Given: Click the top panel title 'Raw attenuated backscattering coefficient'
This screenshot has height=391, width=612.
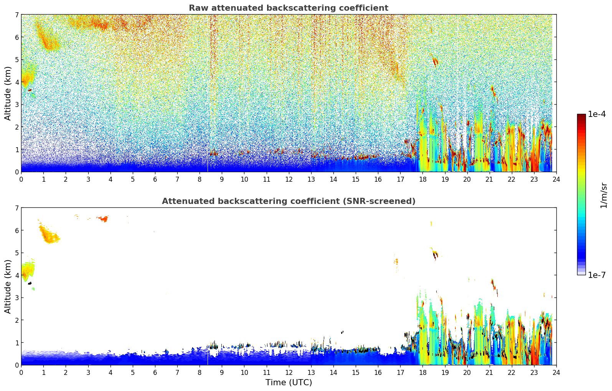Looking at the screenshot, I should point(288,8).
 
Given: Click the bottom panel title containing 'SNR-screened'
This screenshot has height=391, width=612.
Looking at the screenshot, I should point(288,201).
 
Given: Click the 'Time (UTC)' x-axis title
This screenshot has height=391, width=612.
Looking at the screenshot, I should point(289,382).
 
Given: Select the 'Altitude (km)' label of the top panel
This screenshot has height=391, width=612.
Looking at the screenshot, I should point(8,93).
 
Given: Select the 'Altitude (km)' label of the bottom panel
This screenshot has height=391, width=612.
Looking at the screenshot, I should point(8,286).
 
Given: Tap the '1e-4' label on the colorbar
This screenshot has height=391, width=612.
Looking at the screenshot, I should point(597,114).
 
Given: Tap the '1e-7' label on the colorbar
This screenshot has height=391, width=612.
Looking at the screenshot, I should point(597,275).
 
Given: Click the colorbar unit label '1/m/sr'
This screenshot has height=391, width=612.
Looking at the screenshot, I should point(604,195).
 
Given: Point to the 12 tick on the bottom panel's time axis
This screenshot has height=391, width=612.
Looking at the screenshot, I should point(289,372).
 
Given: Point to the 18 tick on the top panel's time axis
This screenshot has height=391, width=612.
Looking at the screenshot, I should point(422,179).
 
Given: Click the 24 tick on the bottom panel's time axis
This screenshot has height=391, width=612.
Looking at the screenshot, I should point(556,372).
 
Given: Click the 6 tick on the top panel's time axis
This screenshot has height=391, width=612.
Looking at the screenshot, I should point(155,179).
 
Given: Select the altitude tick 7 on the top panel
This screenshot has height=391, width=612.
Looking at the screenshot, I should point(16,15).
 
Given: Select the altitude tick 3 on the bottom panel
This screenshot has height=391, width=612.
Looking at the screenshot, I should point(16,297).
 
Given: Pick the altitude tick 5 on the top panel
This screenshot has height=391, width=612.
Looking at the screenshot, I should point(16,59).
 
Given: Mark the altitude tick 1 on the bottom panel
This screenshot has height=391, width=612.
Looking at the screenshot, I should point(16,342).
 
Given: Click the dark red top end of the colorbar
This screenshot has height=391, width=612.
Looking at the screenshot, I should point(581,116).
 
